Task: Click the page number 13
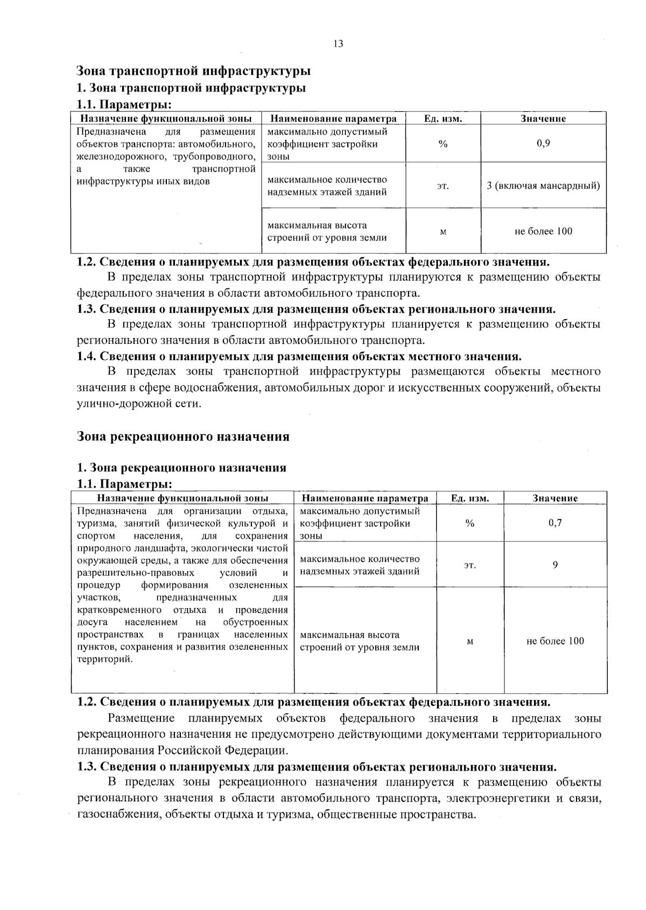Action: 338,44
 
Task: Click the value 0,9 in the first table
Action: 543,144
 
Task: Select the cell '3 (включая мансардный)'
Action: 543,186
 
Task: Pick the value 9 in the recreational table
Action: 555,565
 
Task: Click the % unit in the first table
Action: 443,144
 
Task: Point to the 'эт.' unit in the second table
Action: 470,565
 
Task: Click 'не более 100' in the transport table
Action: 543,231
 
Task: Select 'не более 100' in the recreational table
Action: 555,641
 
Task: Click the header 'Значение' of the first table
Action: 543,119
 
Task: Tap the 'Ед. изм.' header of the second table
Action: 470,498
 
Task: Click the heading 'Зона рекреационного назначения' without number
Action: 183,436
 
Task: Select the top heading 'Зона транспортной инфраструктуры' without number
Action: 193,70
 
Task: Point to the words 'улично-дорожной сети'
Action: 138,404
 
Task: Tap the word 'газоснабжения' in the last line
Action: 119,814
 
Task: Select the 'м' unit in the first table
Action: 443,232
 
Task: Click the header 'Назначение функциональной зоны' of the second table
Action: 182,498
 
